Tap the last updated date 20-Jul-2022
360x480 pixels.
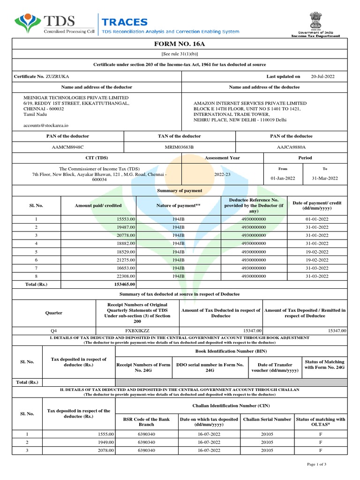322,76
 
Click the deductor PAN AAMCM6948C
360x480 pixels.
67,147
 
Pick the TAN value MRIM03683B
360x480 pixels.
179,147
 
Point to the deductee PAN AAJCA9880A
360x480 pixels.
291,147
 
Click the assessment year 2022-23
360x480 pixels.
222,173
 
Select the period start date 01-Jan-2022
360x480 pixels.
283,179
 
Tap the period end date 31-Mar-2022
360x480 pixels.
325,179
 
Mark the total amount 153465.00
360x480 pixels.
124,284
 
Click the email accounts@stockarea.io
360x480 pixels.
46,125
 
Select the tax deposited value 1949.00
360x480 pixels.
105,442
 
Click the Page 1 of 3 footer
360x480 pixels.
316,464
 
